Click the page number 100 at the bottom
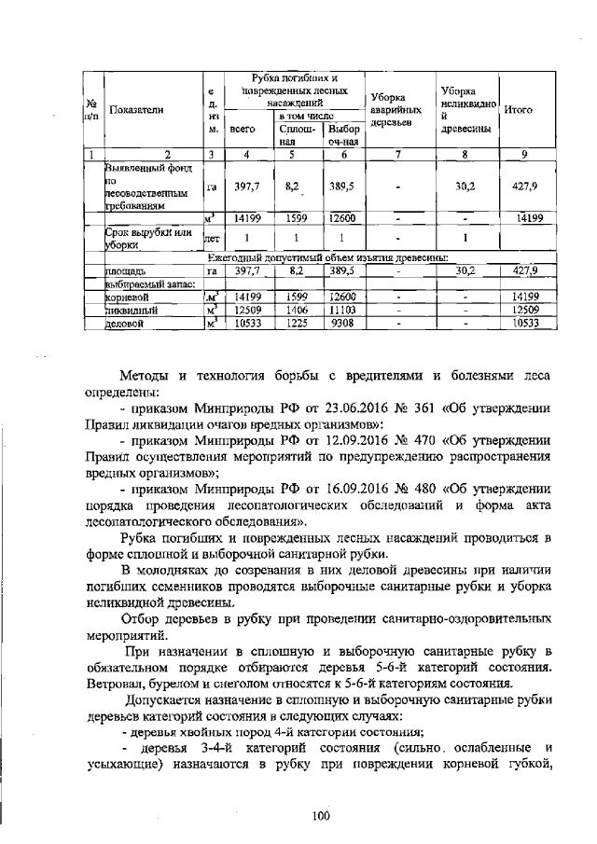pyautogui.click(x=322, y=816)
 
